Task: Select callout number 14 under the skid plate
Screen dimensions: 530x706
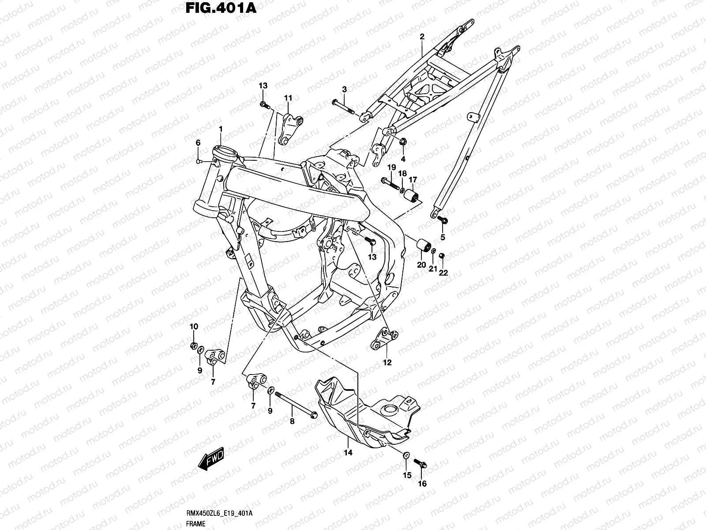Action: coord(348,453)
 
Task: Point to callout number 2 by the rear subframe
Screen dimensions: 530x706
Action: coord(422,38)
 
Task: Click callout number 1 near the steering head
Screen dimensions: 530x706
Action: coord(221,129)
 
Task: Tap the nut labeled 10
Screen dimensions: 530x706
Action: coord(193,345)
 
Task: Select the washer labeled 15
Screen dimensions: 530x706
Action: coord(406,455)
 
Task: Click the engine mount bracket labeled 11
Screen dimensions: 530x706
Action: coord(290,128)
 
